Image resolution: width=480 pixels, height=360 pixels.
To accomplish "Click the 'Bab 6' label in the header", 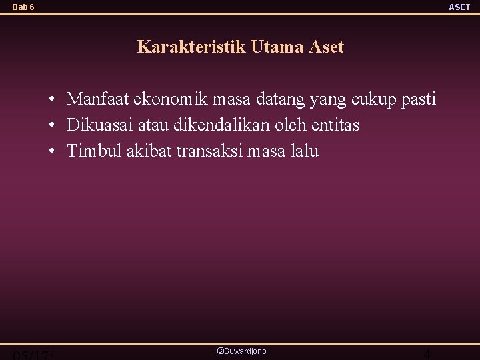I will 23,7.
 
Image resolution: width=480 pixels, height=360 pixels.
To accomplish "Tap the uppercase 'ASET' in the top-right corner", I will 459,7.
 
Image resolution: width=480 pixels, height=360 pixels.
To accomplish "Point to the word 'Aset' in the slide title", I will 327,47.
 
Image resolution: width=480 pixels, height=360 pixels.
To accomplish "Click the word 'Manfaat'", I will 98,100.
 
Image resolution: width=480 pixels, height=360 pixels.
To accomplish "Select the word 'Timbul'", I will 92,151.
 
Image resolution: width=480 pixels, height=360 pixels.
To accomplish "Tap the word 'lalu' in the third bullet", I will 305,151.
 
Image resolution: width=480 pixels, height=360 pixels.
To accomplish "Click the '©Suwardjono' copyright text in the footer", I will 241,351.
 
